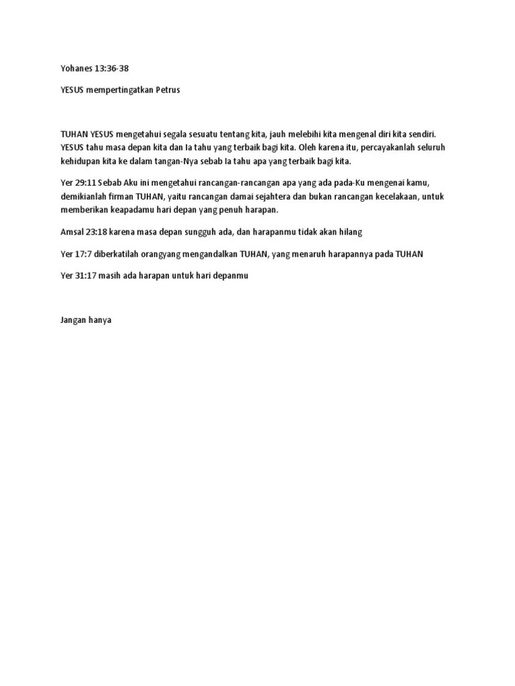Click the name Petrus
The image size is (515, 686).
tap(168, 90)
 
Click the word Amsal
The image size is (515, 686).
tap(72, 232)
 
